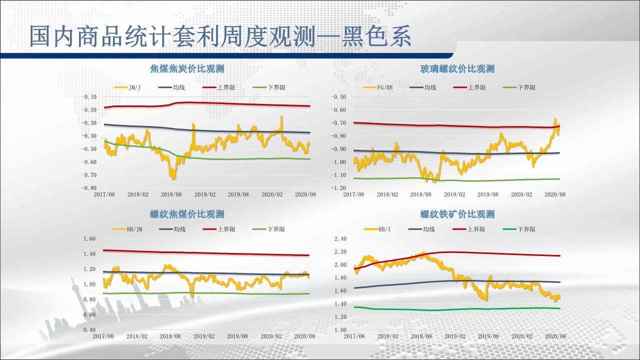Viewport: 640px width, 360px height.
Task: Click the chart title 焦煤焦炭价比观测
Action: (187, 69)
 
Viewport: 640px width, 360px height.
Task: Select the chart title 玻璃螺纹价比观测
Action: (457, 69)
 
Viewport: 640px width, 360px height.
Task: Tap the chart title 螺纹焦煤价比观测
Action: (187, 214)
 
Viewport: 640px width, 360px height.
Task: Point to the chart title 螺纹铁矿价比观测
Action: (457, 214)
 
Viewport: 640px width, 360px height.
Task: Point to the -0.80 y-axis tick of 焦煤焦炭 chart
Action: (89, 188)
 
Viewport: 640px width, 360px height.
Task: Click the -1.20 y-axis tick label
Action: (338, 188)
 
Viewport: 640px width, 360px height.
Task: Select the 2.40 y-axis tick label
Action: (339, 239)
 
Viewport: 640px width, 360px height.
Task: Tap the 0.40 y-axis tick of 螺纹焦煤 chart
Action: (89, 330)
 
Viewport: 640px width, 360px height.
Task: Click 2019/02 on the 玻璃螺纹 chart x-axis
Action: (454, 194)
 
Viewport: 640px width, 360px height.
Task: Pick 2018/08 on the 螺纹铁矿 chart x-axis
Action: (421, 336)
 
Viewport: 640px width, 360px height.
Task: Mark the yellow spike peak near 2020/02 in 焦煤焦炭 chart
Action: (281, 116)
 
